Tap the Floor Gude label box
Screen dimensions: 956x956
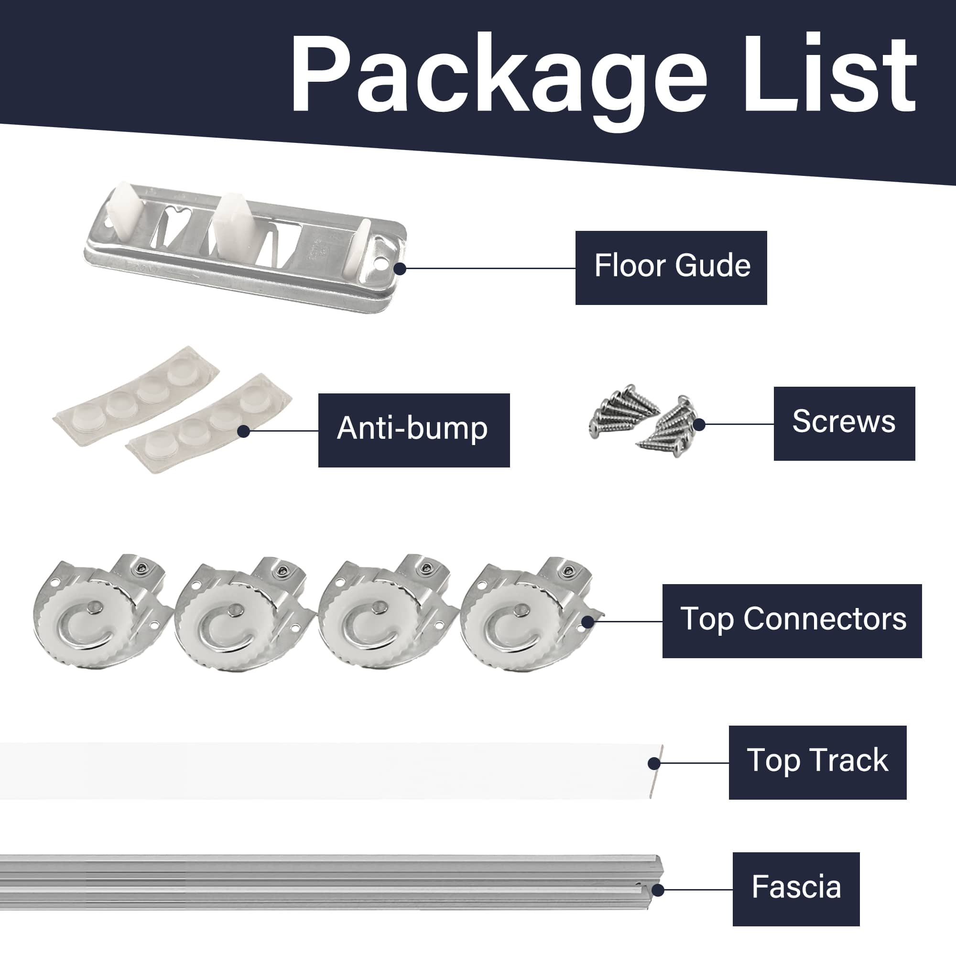tap(671, 268)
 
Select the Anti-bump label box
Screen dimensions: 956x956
tap(413, 430)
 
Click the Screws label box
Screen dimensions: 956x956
tap(844, 424)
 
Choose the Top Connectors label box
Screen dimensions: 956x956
tap(792, 621)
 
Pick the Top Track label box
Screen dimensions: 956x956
tap(817, 762)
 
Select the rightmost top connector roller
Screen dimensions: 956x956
tap(530, 614)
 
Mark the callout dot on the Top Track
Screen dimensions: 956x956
tap(653, 763)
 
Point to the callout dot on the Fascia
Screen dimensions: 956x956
tap(658, 890)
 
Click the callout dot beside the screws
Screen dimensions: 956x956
tap(699, 424)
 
